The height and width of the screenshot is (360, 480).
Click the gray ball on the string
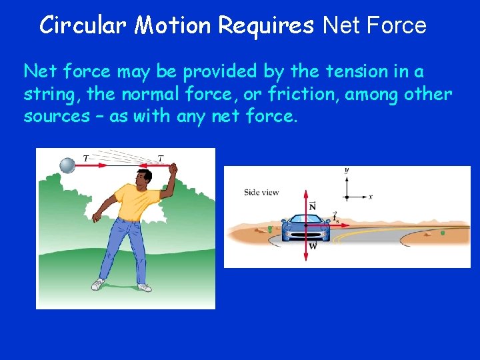pyautogui.click(x=68, y=165)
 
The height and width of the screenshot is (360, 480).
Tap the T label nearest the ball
pyautogui.click(x=85, y=157)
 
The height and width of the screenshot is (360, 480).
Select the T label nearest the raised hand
pyautogui.click(x=161, y=157)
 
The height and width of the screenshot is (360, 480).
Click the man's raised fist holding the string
pyautogui.click(x=173, y=169)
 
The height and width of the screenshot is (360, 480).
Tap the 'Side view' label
pyautogui.click(x=261, y=193)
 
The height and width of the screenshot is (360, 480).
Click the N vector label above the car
pyautogui.click(x=313, y=207)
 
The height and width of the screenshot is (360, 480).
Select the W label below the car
pyautogui.click(x=313, y=246)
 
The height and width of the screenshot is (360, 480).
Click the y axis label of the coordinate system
pyautogui.click(x=347, y=171)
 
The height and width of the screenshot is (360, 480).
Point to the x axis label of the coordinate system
pyautogui.click(x=370, y=197)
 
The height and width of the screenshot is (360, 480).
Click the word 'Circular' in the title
pyautogui.click(x=83, y=25)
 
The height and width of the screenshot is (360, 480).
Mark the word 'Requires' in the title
pyautogui.click(x=266, y=25)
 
